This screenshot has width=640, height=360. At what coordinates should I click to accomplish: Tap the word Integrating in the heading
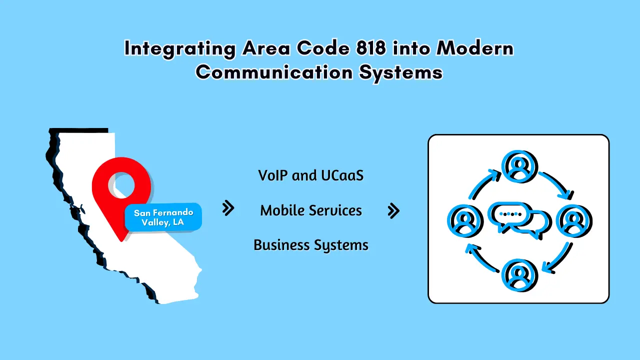point(180,48)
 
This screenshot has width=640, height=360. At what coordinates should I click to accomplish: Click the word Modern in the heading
point(475,48)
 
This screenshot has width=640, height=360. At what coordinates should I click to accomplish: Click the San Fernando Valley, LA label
point(163,217)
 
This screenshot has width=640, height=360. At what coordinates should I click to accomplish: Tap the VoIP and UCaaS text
point(311,175)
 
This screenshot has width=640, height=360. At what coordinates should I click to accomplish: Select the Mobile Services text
point(311,210)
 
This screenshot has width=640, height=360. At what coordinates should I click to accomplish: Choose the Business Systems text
point(311,245)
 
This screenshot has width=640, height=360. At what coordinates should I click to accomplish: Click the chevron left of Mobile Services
point(228,208)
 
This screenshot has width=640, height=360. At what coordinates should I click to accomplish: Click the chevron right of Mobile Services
point(393,211)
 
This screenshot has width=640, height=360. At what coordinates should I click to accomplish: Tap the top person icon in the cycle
point(518,166)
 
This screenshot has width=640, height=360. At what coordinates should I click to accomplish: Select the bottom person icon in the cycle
point(518,274)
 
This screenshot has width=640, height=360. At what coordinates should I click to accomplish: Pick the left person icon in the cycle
point(464,220)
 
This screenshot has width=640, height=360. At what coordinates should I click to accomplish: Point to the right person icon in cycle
point(573,220)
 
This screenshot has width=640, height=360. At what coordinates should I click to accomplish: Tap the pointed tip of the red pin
point(121,240)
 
